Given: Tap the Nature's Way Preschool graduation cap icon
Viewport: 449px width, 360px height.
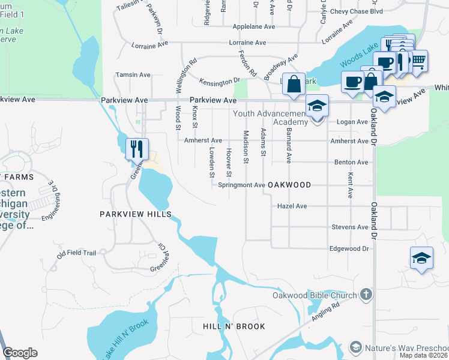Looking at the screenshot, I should (356, 348).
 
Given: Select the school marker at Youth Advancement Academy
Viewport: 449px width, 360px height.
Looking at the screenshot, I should (317, 107).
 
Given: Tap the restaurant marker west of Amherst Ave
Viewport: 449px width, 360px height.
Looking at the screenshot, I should (137, 148).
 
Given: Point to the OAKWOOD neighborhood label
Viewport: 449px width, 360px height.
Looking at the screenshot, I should (289, 185).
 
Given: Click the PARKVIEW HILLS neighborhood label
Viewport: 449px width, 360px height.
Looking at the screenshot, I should (136, 214).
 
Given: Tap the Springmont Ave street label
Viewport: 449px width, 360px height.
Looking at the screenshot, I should (241, 185).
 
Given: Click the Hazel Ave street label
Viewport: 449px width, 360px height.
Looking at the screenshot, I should (292, 206).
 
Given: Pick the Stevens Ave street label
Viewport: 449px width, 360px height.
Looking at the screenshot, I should (349, 227).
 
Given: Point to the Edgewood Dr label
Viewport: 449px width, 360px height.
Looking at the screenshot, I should (348, 248).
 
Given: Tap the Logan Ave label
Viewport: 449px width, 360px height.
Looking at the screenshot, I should (353, 122).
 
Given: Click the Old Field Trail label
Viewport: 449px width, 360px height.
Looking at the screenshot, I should (77, 253).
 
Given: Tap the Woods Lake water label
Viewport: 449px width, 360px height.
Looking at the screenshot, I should (360, 55).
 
